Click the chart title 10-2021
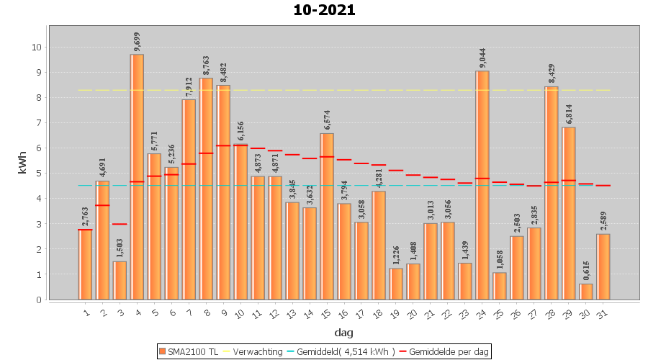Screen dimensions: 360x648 (324, 10)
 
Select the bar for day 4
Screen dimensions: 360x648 (137, 176)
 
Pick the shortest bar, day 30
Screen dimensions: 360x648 (586, 292)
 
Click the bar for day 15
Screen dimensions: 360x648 (327, 216)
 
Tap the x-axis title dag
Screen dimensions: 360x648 (343, 333)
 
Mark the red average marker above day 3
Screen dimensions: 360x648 (120, 224)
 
